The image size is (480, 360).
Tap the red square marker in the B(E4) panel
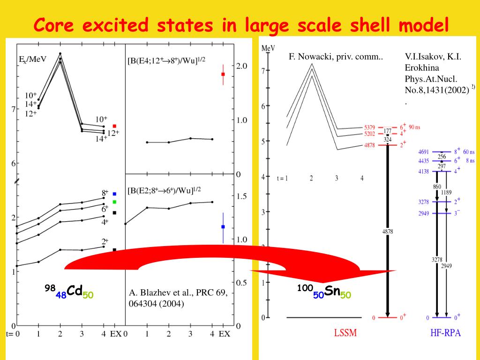(223, 74)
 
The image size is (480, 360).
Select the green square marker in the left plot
(114, 202)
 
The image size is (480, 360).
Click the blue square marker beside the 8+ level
(114, 194)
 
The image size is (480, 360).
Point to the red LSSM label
(345, 333)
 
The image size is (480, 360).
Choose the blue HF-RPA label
(445, 333)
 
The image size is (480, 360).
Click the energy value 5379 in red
(370, 127)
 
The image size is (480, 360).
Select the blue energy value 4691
(423, 152)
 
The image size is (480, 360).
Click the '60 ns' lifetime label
(468, 152)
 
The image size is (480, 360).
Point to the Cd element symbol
(75, 291)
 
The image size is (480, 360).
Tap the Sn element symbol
(332, 291)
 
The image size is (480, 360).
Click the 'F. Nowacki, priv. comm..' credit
(336, 57)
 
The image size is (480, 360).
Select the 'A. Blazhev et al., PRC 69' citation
(178, 293)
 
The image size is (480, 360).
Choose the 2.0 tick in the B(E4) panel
(242, 66)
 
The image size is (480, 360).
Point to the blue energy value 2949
(423, 213)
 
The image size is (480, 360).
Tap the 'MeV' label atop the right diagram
(269, 48)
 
